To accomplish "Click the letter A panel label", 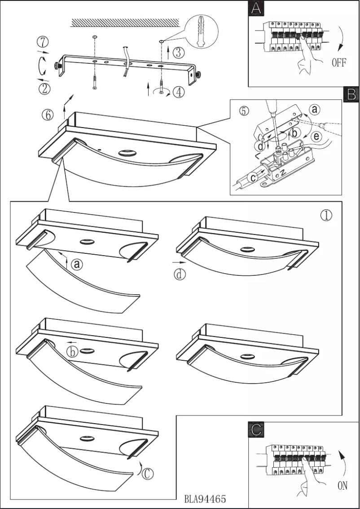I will tap(255, 9).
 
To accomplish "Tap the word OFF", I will tap(339, 63).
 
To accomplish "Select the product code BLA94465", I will tap(205, 499).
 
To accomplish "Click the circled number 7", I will tap(43, 43).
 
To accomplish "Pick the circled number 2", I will tap(44, 88).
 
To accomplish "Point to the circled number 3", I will tap(178, 53).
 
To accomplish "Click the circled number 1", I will tap(326, 216).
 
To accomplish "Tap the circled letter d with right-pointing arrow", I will tap(180, 274).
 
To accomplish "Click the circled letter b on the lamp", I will tap(73, 352).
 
